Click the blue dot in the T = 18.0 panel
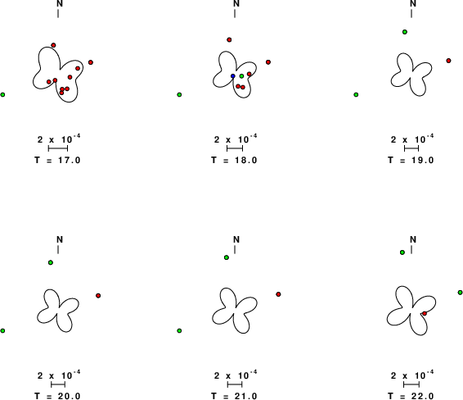coord(233,76)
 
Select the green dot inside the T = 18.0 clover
coord(241,76)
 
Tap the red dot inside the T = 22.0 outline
coord(425,313)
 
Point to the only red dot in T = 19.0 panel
coord(448,61)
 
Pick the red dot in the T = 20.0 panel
coord(98,296)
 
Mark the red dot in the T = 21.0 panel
coord(278,294)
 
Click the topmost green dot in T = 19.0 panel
coord(405,32)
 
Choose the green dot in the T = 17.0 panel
coord(2,95)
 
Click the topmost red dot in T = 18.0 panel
coord(229,39)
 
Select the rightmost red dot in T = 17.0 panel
coord(91,62)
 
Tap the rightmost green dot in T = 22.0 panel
coord(460,293)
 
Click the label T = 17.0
coord(57,161)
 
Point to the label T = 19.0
coord(411,161)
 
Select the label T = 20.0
coord(57,396)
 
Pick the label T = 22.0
coord(411,396)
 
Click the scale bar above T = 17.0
coord(58,148)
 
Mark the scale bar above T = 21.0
coord(235,384)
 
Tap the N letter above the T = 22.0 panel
coord(413,239)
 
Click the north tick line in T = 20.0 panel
coord(58,250)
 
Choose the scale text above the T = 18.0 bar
coord(236,139)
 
